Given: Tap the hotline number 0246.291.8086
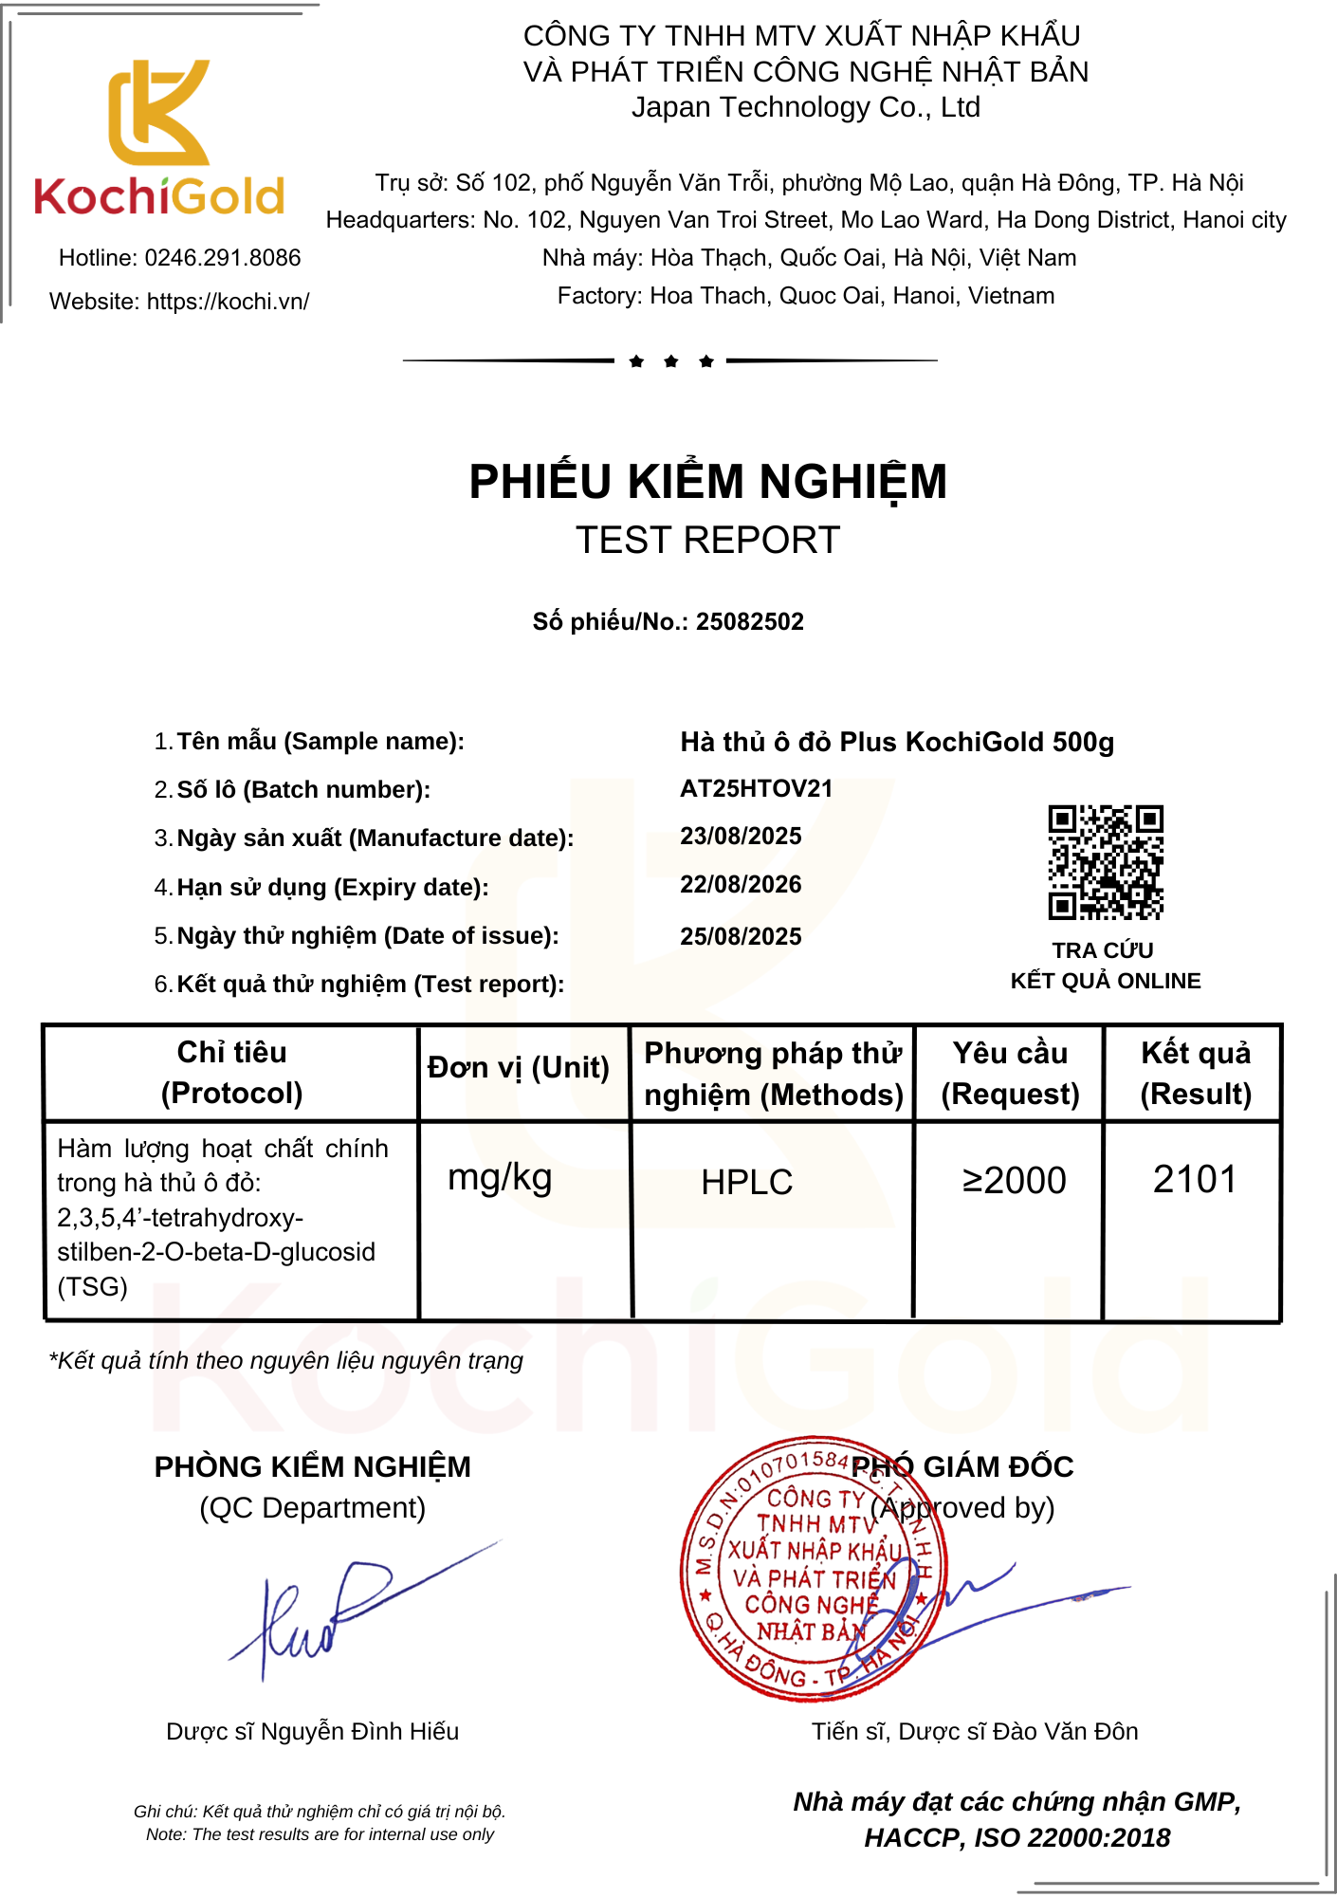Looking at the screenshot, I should (x=222, y=258).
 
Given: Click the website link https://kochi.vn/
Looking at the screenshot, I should (x=228, y=302).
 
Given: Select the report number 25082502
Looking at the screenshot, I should (x=749, y=622).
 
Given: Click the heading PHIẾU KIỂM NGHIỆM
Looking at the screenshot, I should (x=707, y=482).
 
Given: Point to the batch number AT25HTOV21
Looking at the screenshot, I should (x=756, y=789).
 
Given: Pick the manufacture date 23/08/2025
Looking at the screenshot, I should (x=741, y=837).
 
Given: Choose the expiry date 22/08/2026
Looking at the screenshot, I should (x=741, y=885).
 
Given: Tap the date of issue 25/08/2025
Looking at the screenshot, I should (x=741, y=937).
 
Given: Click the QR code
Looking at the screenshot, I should (x=1105, y=862).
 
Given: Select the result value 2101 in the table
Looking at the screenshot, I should (x=1195, y=1180).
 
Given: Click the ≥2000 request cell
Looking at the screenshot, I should (x=1014, y=1181).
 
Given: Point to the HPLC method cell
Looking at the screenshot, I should (x=746, y=1183).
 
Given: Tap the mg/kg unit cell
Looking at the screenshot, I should (x=500, y=1178).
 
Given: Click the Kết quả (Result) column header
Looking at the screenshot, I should (x=1195, y=1074).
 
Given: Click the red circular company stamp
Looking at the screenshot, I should (x=813, y=1569).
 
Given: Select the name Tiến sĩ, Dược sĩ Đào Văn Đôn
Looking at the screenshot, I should (x=974, y=1732).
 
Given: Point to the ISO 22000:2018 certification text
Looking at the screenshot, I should (x=1071, y=1838).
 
